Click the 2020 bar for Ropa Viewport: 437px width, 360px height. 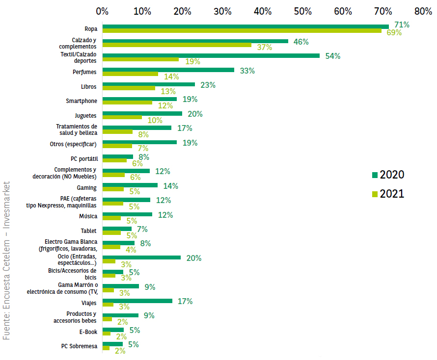click(x=246, y=26)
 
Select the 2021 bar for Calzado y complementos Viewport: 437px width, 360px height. click(x=177, y=45)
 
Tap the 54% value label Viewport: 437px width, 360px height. click(x=332, y=56)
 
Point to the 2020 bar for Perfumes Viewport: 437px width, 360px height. click(x=168, y=70)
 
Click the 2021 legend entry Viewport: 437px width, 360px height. click(x=388, y=194)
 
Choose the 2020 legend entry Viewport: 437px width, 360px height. click(x=388, y=175)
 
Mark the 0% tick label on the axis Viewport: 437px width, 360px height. click(x=102, y=10)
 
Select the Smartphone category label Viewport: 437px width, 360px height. click(x=82, y=101)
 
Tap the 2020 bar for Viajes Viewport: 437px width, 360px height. click(x=137, y=301)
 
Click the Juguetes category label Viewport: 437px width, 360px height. click(x=85, y=116)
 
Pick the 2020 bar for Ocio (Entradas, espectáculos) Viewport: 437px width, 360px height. click(x=141, y=257)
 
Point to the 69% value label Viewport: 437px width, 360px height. click(x=394, y=33)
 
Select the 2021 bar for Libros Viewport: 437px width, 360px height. click(x=129, y=88)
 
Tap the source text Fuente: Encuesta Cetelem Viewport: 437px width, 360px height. click(x=7, y=260)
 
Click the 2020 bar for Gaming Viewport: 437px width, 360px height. click(x=130, y=185)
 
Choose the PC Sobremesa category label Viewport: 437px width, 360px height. click(x=79, y=346)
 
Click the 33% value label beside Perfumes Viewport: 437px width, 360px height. click(x=247, y=71)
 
